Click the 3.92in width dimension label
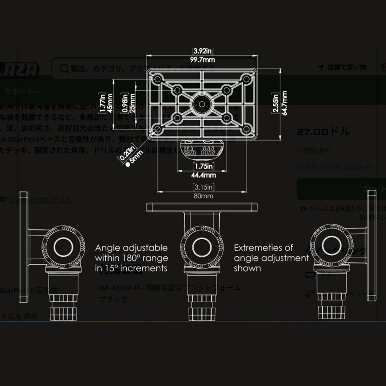pyautogui.click(x=203, y=51)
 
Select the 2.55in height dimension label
pyautogui.click(x=276, y=103)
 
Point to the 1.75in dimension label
pyautogui.click(x=204, y=166)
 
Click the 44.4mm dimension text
pyautogui.click(x=204, y=175)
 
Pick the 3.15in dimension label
pyautogui.click(x=204, y=187)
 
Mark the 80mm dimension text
pyautogui.click(x=204, y=196)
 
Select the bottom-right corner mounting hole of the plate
pyautogui.click(x=246, y=130)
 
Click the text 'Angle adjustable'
pyautogui.click(x=131, y=248)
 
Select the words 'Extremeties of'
pyautogui.click(x=263, y=248)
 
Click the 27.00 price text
pyautogui.click(x=313, y=132)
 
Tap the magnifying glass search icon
pyautogui.click(x=64, y=68)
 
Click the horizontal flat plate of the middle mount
pyautogui.click(x=202, y=207)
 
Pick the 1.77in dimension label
pyautogui.click(x=102, y=103)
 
